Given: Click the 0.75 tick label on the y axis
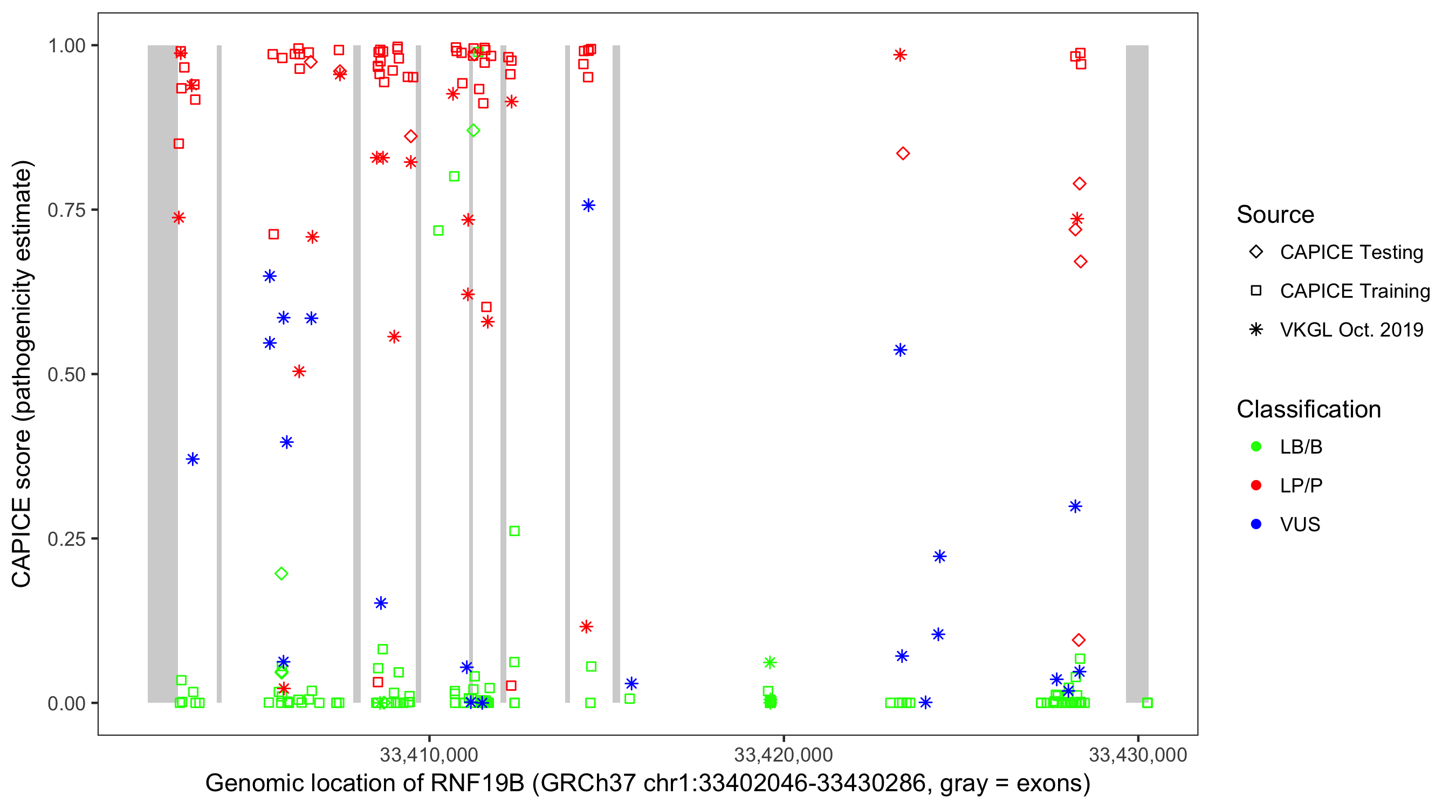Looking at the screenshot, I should click(66, 210).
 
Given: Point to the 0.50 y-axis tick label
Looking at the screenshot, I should click(66, 374).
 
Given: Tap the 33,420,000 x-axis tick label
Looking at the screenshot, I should click(783, 754).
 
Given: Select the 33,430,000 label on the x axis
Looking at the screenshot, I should click(1137, 754).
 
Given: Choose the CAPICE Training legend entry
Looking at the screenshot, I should click(1354, 291).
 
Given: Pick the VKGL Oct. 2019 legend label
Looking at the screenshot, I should click(1351, 330).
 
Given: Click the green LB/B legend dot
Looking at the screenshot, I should click(1256, 447).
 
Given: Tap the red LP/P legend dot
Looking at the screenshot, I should click(1256, 485).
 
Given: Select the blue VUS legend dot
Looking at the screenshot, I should click(1256, 525).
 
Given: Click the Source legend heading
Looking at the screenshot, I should click(1275, 215).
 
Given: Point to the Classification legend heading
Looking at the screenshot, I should click(1308, 409).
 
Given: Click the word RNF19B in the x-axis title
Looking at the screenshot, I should click(477, 784).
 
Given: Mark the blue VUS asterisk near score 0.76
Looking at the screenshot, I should click(588, 205).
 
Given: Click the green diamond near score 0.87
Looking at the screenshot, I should click(473, 131).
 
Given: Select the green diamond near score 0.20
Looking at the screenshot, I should click(281, 574).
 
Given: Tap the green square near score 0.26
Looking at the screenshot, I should click(514, 531).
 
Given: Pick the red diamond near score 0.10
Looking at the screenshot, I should click(1079, 640).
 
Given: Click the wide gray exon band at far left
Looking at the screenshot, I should click(163, 373).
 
